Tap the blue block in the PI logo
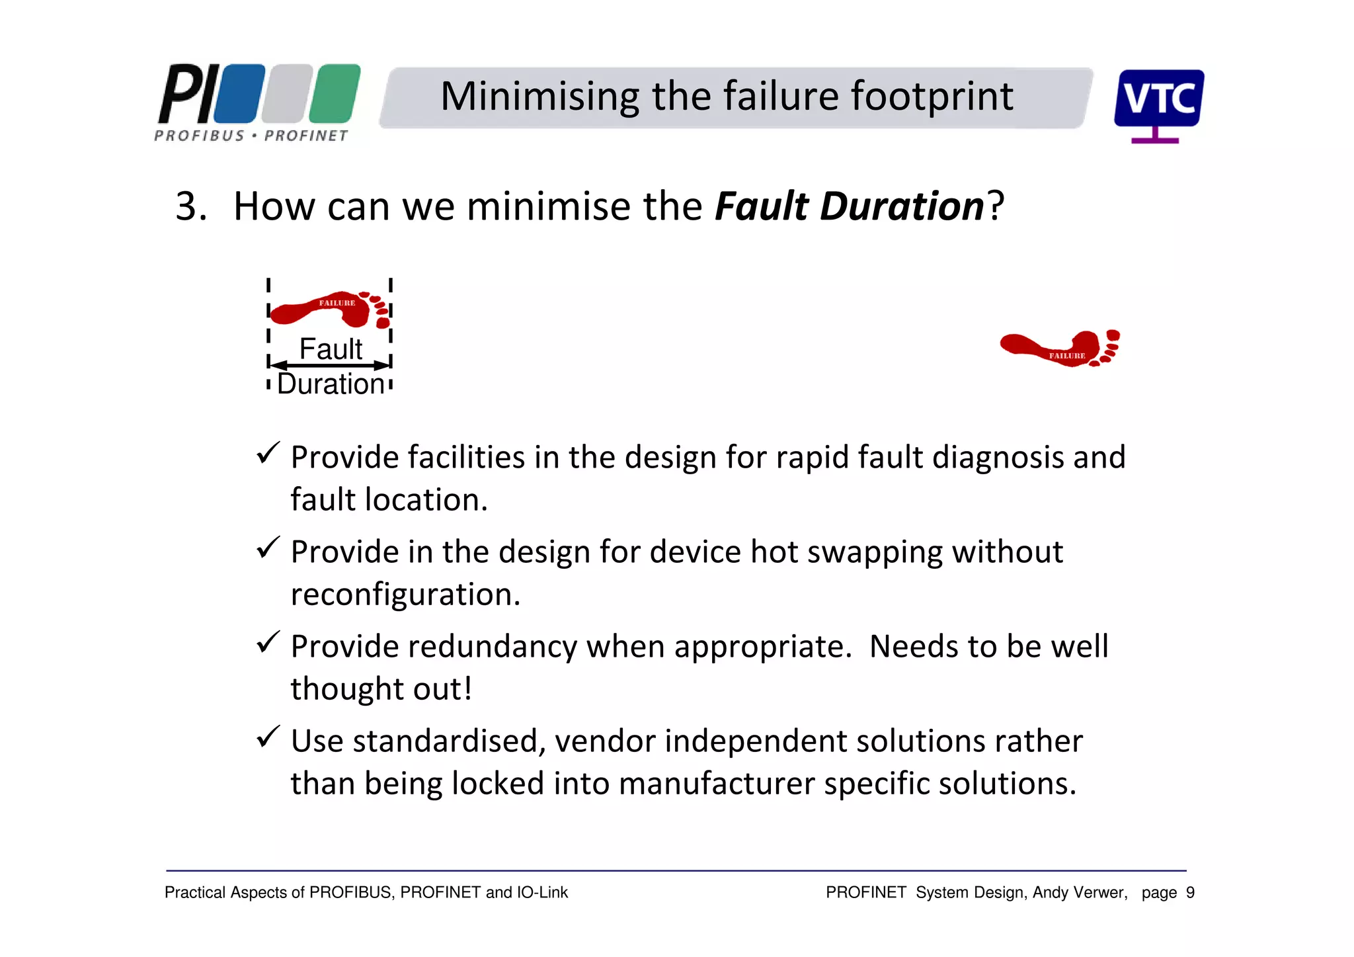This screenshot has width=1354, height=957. click(240, 93)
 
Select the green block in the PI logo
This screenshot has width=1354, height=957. click(335, 93)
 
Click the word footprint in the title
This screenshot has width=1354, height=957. click(932, 97)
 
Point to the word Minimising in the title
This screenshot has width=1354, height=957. click(539, 97)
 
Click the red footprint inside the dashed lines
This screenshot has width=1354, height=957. click(329, 309)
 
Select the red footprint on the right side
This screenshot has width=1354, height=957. click(1060, 348)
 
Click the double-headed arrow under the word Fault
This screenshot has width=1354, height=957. click(331, 365)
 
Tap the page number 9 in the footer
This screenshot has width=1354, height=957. click(1190, 893)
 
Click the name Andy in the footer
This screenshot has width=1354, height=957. click(1050, 893)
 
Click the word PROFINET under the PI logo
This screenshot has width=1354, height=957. click(306, 136)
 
